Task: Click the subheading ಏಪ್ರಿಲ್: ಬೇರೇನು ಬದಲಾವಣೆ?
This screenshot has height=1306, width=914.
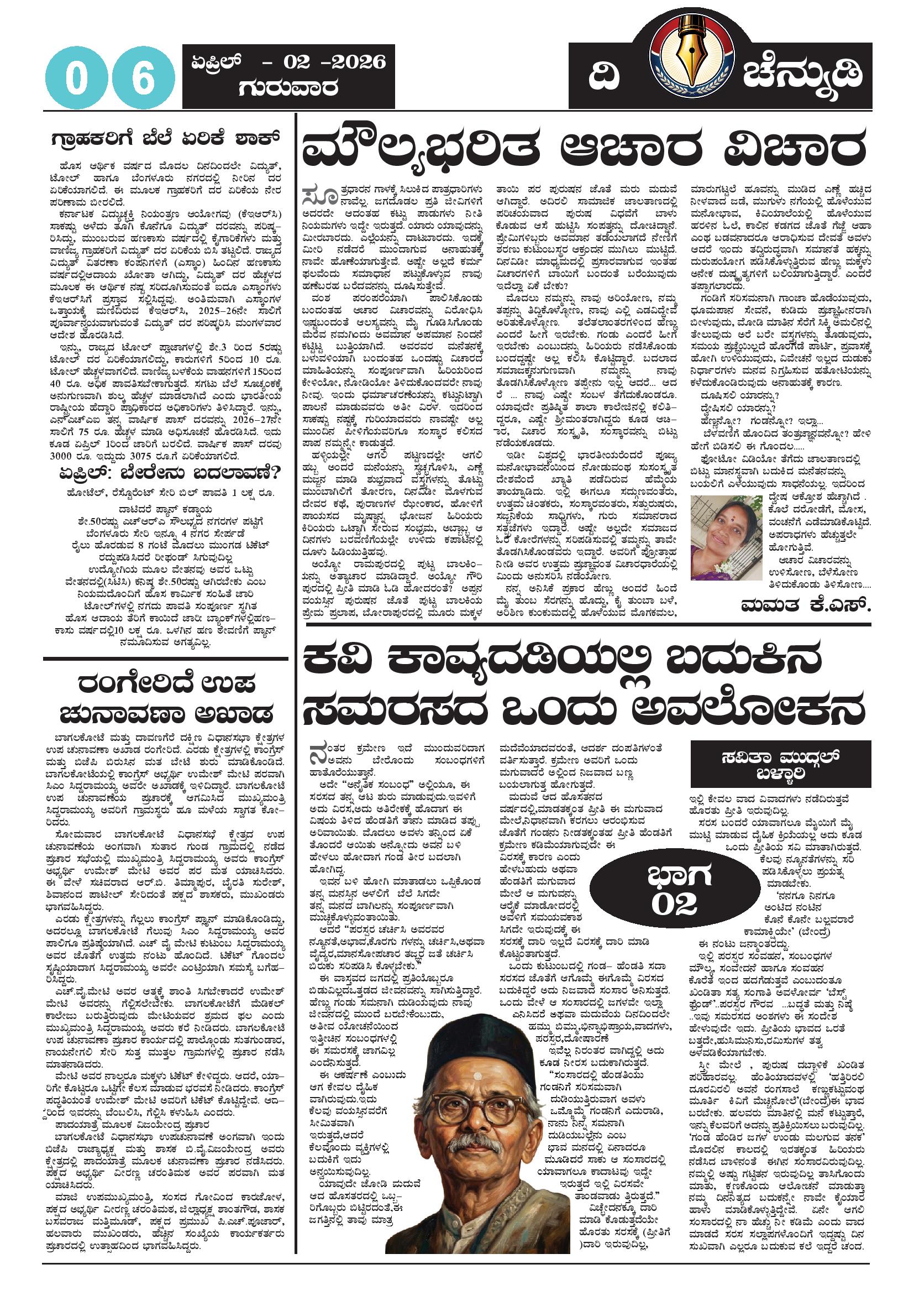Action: pyautogui.click(x=165, y=473)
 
